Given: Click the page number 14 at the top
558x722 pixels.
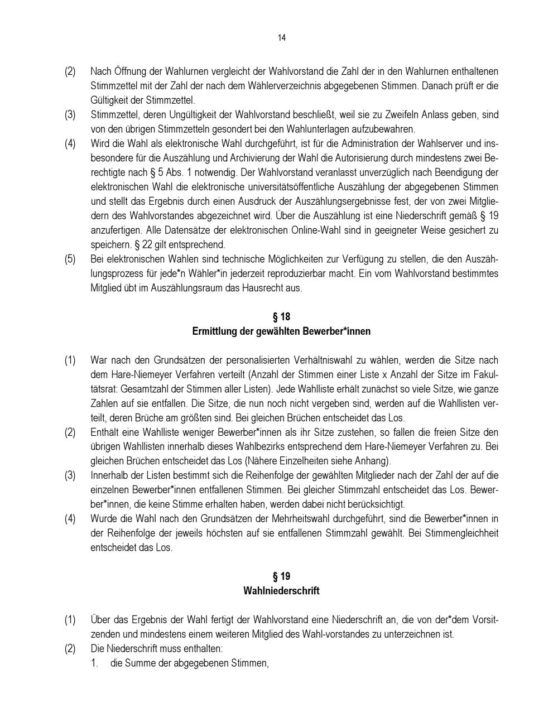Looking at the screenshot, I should coord(281,38).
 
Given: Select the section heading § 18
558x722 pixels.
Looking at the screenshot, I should coord(281,317).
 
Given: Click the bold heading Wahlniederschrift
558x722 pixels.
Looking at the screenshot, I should coord(281,591).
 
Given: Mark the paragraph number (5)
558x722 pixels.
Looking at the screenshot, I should coord(70,259).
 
